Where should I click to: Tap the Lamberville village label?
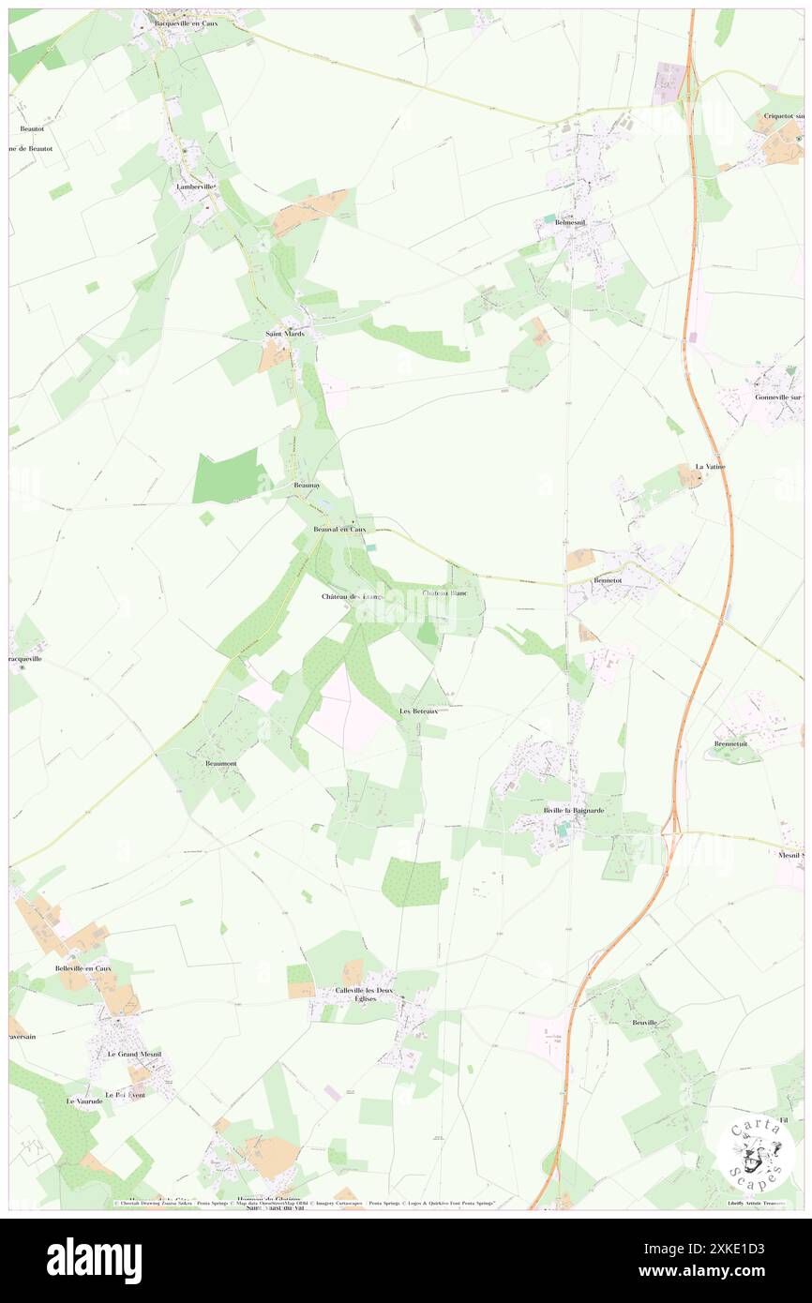click(x=197, y=187)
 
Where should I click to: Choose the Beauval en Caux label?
click(x=339, y=530)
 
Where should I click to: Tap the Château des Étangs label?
click(x=353, y=597)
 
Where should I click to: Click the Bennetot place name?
click(x=608, y=580)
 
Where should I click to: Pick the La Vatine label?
click(x=710, y=466)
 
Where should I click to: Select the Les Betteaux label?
click(x=418, y=711)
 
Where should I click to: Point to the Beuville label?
click(x=644, y=1022)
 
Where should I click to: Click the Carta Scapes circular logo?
click(x=756, y=1154)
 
